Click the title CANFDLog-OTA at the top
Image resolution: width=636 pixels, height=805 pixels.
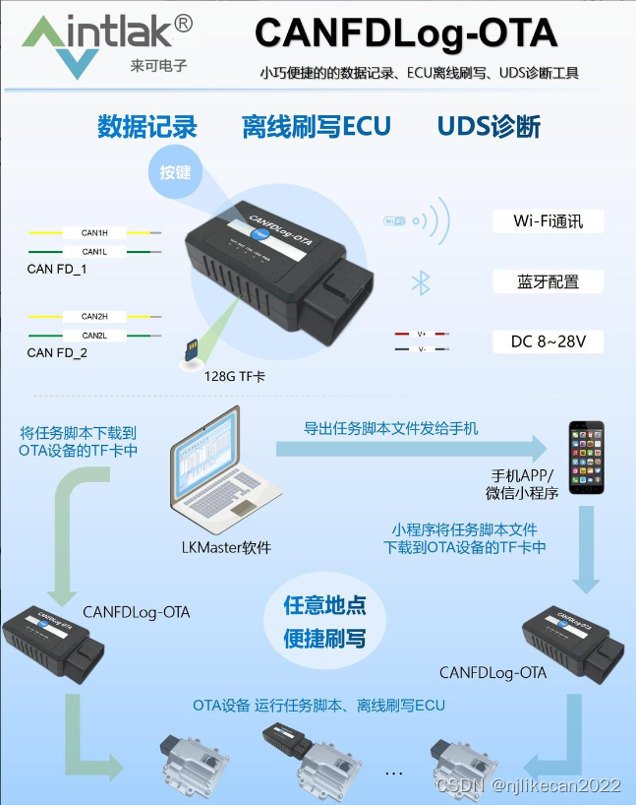tap(406, 34)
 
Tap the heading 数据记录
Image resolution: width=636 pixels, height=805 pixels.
tap(147, 127)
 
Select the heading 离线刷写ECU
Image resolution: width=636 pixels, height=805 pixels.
tap(317, 127)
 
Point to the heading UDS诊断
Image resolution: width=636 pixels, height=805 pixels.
tap(489, 127)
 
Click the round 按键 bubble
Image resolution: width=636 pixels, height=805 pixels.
tap(176, 172)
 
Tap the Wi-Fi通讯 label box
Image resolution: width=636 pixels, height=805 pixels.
tap(548, 221)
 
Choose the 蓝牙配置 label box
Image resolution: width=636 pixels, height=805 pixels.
tap(548, 282)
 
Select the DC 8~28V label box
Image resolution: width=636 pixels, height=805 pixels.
tap(548, 342)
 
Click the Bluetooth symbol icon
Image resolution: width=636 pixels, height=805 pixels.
tap(421, 283)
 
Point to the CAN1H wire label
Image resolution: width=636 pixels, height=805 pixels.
tap(94, 233)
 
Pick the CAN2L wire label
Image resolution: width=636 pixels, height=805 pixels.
tap(94, 336)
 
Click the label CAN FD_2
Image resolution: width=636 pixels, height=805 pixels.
tap(57, 352)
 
